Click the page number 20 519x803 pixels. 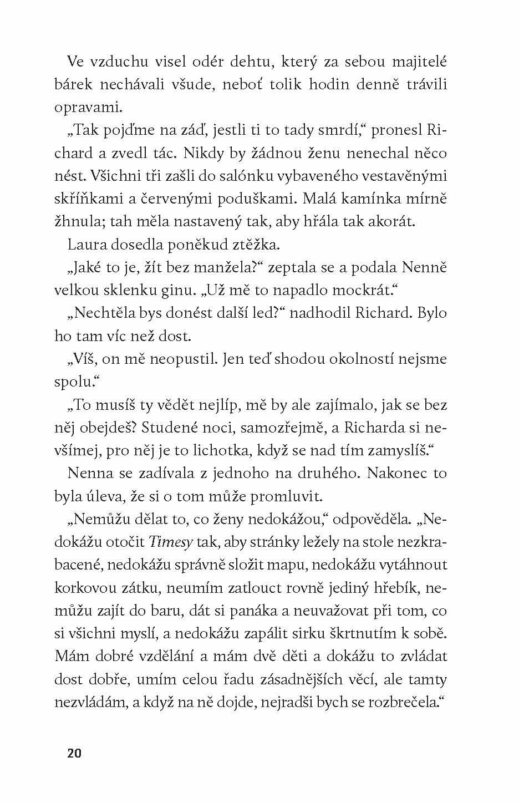click(74, 753)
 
